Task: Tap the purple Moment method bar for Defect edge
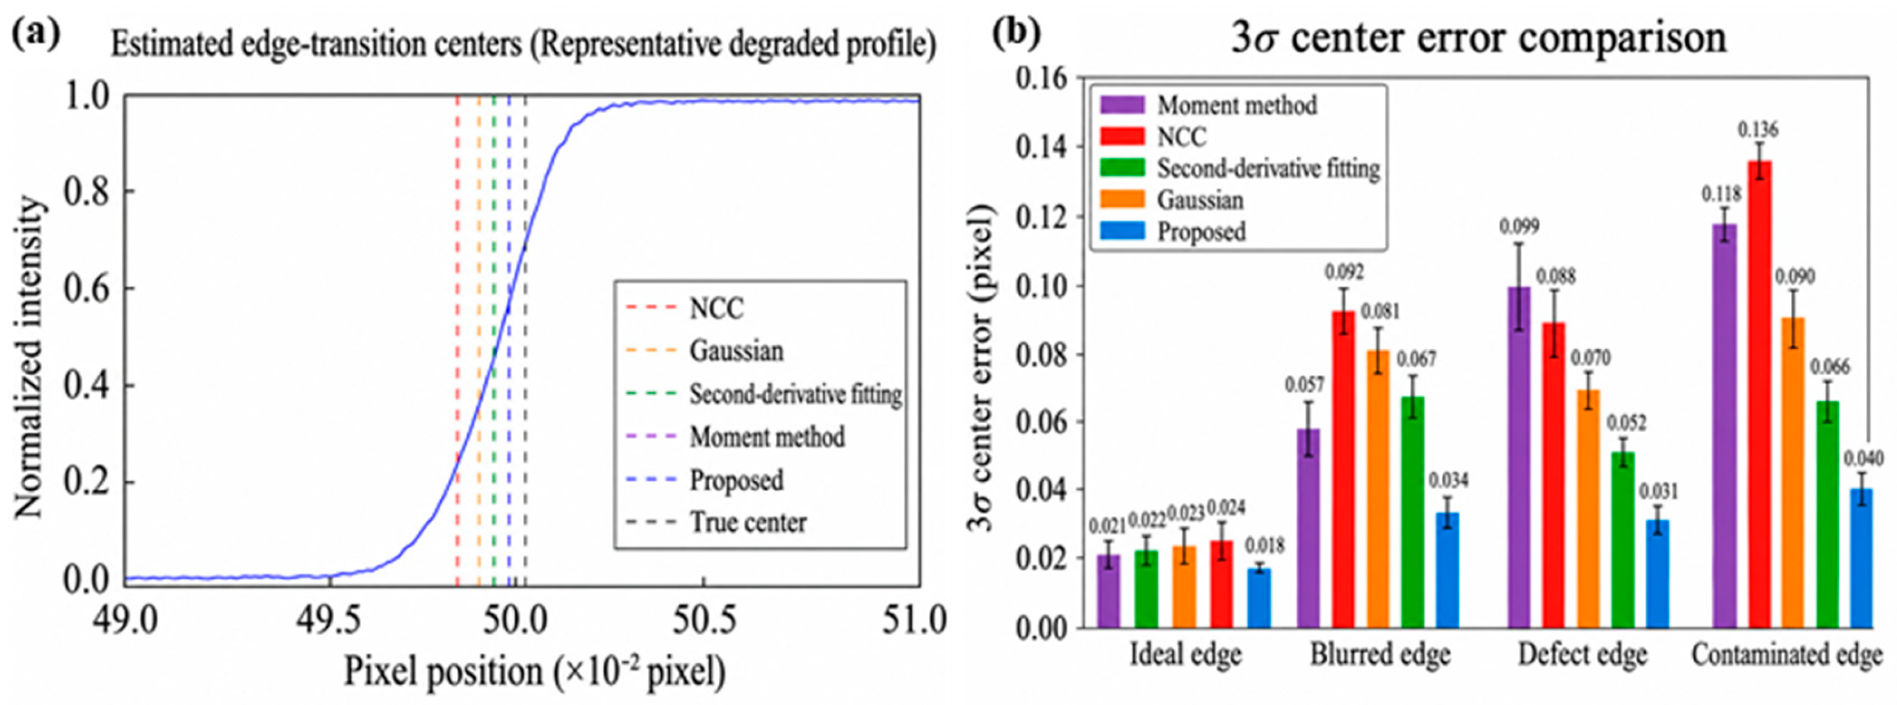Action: (x=1519, y=457)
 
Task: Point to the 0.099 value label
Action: (x=1518, y=226)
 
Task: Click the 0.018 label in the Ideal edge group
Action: (x=1264, y=546)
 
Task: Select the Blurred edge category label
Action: (x=1380, y=655)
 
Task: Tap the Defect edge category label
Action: (x=1582, y=655)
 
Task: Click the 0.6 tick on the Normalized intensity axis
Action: (x=85, y=288)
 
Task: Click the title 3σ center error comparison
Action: (x=1479, y=38)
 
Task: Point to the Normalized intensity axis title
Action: (x=30, y=356)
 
